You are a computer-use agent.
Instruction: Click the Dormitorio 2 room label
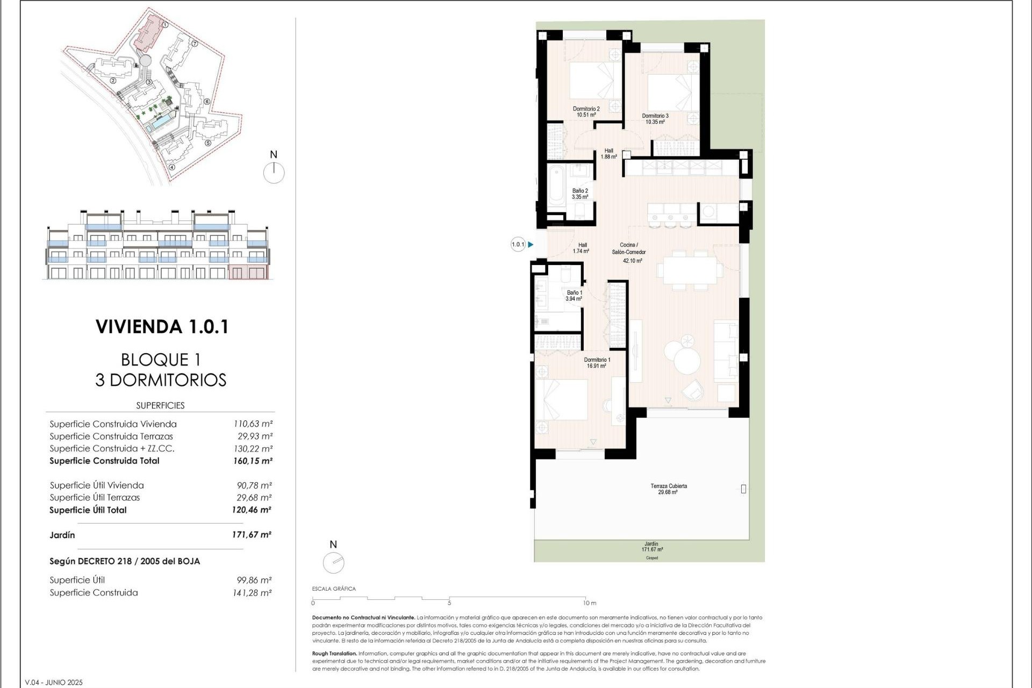pyautogui.click(x=586, y=112)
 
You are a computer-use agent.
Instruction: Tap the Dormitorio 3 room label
pyautogui.click(x=655, y=119)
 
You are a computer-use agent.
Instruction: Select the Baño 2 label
pyautogui.click(x=580, y=194)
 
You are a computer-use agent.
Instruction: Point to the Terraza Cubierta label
pyautogui.click(x=669, y=489)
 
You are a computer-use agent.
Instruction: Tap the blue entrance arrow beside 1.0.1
pyautogui.click(x=531, y=245)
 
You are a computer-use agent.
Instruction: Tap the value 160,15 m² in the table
pyautogui.click(x=253, y=461)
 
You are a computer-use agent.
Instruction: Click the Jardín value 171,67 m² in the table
pyautogui.click(x=252, y=535)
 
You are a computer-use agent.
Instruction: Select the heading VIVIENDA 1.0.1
pyautogui.click(x=162, y=327)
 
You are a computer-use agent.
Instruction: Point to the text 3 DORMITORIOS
pyautogui.click(x=161, y=380)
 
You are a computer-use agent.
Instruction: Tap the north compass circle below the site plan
pyautogui.click(x=274, y=173)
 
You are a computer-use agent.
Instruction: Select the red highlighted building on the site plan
pyautogui.click(x=148, y=33)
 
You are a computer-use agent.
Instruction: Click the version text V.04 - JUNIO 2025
pyautogui.click(x=54, y=682)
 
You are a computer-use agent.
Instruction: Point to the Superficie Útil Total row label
pyautogui.click(x=88, y=510)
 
